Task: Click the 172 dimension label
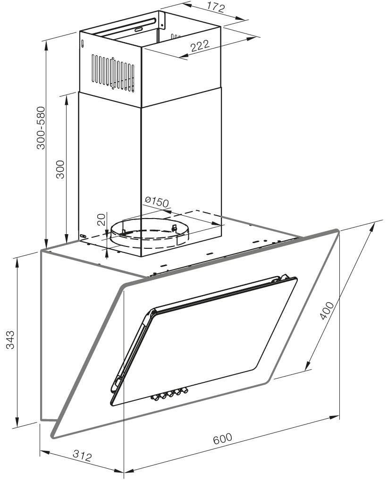pos(216,8)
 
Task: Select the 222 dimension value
pos(200,46)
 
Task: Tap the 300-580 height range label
pos(41,127)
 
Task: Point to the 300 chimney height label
pos(60,169)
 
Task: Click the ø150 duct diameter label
pos(157,202)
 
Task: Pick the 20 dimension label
pos(101,220)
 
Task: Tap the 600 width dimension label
pos(223,439)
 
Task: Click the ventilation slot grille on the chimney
pos(113,73)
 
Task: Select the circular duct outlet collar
pos(150,233)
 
